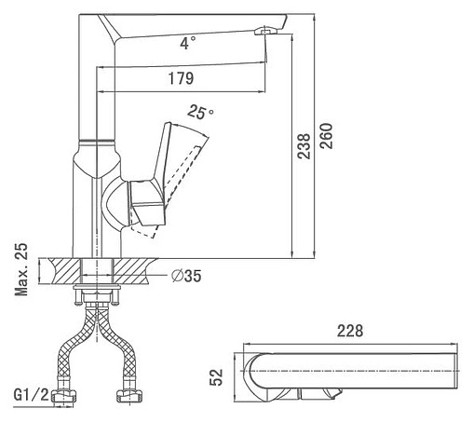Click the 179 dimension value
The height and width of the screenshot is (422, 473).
pos(181,78)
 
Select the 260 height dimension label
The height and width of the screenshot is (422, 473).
pos(326,136)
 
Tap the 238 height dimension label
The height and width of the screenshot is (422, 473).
pos(304,146)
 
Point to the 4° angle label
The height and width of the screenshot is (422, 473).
pos(188,43)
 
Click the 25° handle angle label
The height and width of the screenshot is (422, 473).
pos(200,112)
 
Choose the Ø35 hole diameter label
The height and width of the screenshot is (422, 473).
pos(186,276)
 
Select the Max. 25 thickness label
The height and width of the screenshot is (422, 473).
pos(21,269)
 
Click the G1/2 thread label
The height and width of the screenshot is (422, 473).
pos(32,395)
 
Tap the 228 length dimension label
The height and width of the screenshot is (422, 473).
pos(350,331)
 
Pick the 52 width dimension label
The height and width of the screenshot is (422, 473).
pos(216,377)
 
